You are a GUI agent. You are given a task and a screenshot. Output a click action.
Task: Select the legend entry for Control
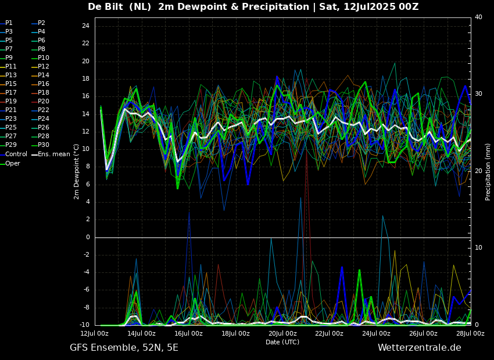(16, 154)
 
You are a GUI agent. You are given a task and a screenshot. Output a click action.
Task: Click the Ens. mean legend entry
(53, 154)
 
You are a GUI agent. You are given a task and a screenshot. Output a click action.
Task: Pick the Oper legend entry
(13, 163)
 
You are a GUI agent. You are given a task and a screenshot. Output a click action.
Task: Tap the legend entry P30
(44, 145)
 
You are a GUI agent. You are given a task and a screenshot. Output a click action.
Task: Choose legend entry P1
(9, 23)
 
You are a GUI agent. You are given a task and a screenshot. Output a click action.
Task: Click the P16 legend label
(44, 84)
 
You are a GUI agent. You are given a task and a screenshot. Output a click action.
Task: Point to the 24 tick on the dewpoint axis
(85, 26)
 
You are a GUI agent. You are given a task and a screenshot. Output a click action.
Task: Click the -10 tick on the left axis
(84, 325)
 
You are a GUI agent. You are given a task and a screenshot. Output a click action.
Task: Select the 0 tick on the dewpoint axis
(88, 237)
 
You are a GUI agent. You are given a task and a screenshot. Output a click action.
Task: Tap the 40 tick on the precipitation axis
(478, 17)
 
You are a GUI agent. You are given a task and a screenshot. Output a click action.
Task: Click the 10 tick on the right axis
(478, 248)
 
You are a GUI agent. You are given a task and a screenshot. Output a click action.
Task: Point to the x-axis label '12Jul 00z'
(94, 334)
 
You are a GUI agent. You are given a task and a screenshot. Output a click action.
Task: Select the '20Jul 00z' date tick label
(282, 334)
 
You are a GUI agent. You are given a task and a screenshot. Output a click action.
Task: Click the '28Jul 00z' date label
(470, 334)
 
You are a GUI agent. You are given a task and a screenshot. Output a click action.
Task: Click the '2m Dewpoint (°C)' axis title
(77, 171)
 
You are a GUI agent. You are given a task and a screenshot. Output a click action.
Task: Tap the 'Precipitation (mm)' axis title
(488, 171)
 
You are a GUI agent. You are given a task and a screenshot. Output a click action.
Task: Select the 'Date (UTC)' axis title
(282, 342)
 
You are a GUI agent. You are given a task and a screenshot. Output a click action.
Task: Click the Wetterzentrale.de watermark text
(419, 348)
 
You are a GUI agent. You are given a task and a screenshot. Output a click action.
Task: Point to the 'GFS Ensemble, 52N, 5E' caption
(124, 348)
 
